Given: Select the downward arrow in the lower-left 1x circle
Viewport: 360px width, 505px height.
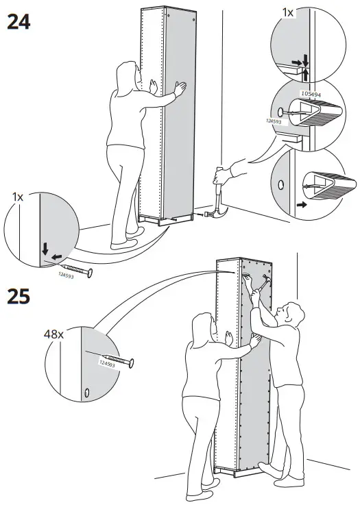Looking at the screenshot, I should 45,247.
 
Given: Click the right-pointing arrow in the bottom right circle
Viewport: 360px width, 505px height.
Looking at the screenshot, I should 300,204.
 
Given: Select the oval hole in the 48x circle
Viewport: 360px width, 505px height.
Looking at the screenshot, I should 88,393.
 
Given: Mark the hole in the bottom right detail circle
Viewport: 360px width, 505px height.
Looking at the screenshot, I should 280,184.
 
